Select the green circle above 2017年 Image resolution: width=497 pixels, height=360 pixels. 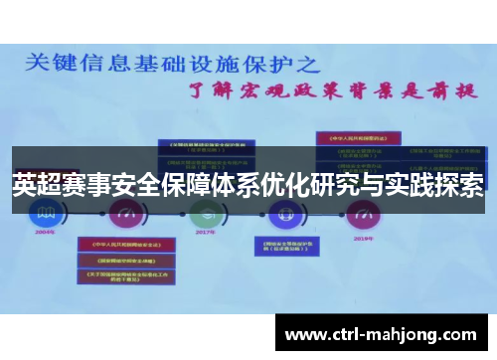[206, 211]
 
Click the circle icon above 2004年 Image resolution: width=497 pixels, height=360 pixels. [46, 211]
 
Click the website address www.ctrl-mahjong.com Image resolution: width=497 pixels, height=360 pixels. [381, 332]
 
